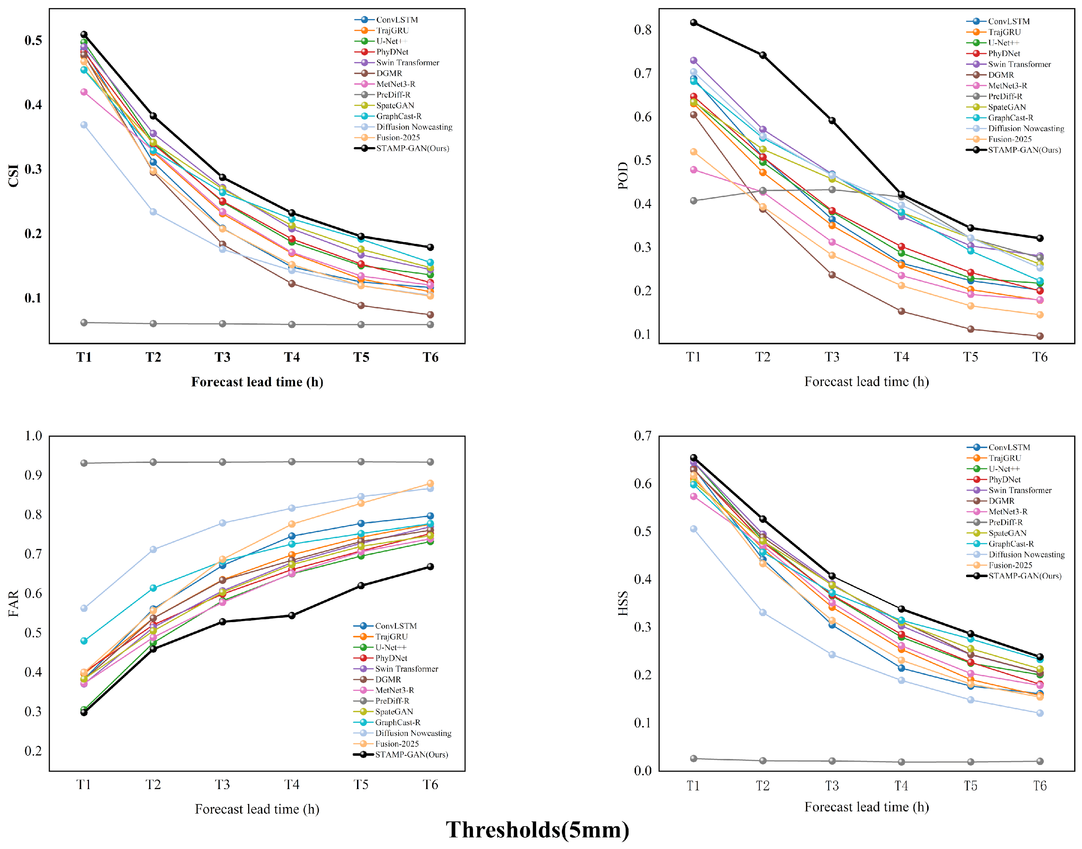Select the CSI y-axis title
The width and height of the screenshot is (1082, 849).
[x=13, y=175]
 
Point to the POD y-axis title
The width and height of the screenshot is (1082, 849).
[x=623, y=175]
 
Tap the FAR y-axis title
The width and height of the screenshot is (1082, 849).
[x=13, y=603]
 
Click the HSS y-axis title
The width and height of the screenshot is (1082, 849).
[x=623, y=603]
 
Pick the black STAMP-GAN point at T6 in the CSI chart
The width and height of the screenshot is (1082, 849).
[x=430, y=247]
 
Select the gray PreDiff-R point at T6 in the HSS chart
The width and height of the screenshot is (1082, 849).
[x=1040, y=761]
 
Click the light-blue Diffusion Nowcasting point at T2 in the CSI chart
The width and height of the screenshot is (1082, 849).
[x=153, y=212]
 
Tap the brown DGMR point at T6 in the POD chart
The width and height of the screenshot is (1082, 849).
[x=1040, y=336]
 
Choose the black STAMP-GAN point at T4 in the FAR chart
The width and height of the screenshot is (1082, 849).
[x=292, y=615]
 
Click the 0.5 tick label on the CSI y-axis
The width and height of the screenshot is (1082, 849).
[x=33, y=40]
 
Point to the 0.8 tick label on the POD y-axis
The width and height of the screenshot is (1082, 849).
[x=643, y=30]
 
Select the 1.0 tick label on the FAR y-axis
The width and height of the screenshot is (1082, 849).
[x=33, y=436]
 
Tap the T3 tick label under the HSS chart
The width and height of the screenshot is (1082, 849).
[x=832, y=786]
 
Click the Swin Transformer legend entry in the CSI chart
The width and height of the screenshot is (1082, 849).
[x=397, y=63]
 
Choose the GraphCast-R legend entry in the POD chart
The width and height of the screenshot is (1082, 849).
[x=1000, y=118]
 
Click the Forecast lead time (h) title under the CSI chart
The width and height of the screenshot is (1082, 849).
[x=257, y=382]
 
